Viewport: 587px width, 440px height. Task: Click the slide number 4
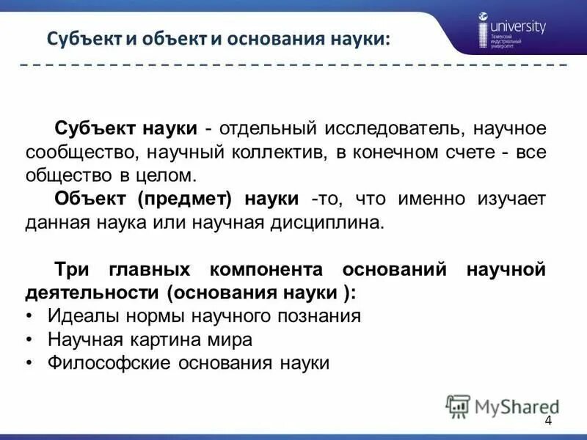(548, 419)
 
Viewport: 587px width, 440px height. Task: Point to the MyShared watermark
(503, 406)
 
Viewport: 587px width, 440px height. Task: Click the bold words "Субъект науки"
(125, 128)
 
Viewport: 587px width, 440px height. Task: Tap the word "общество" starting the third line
(62, 176)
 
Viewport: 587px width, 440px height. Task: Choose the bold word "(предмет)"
(195, 199)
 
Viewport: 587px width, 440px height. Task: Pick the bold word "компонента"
(265, 269)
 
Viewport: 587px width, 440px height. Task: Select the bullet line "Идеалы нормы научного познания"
(204, 316)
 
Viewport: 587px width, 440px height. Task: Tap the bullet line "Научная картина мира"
(150, 340)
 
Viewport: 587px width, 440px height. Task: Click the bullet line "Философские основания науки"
(189, 363)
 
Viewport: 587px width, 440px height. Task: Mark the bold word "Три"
(70, 269)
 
